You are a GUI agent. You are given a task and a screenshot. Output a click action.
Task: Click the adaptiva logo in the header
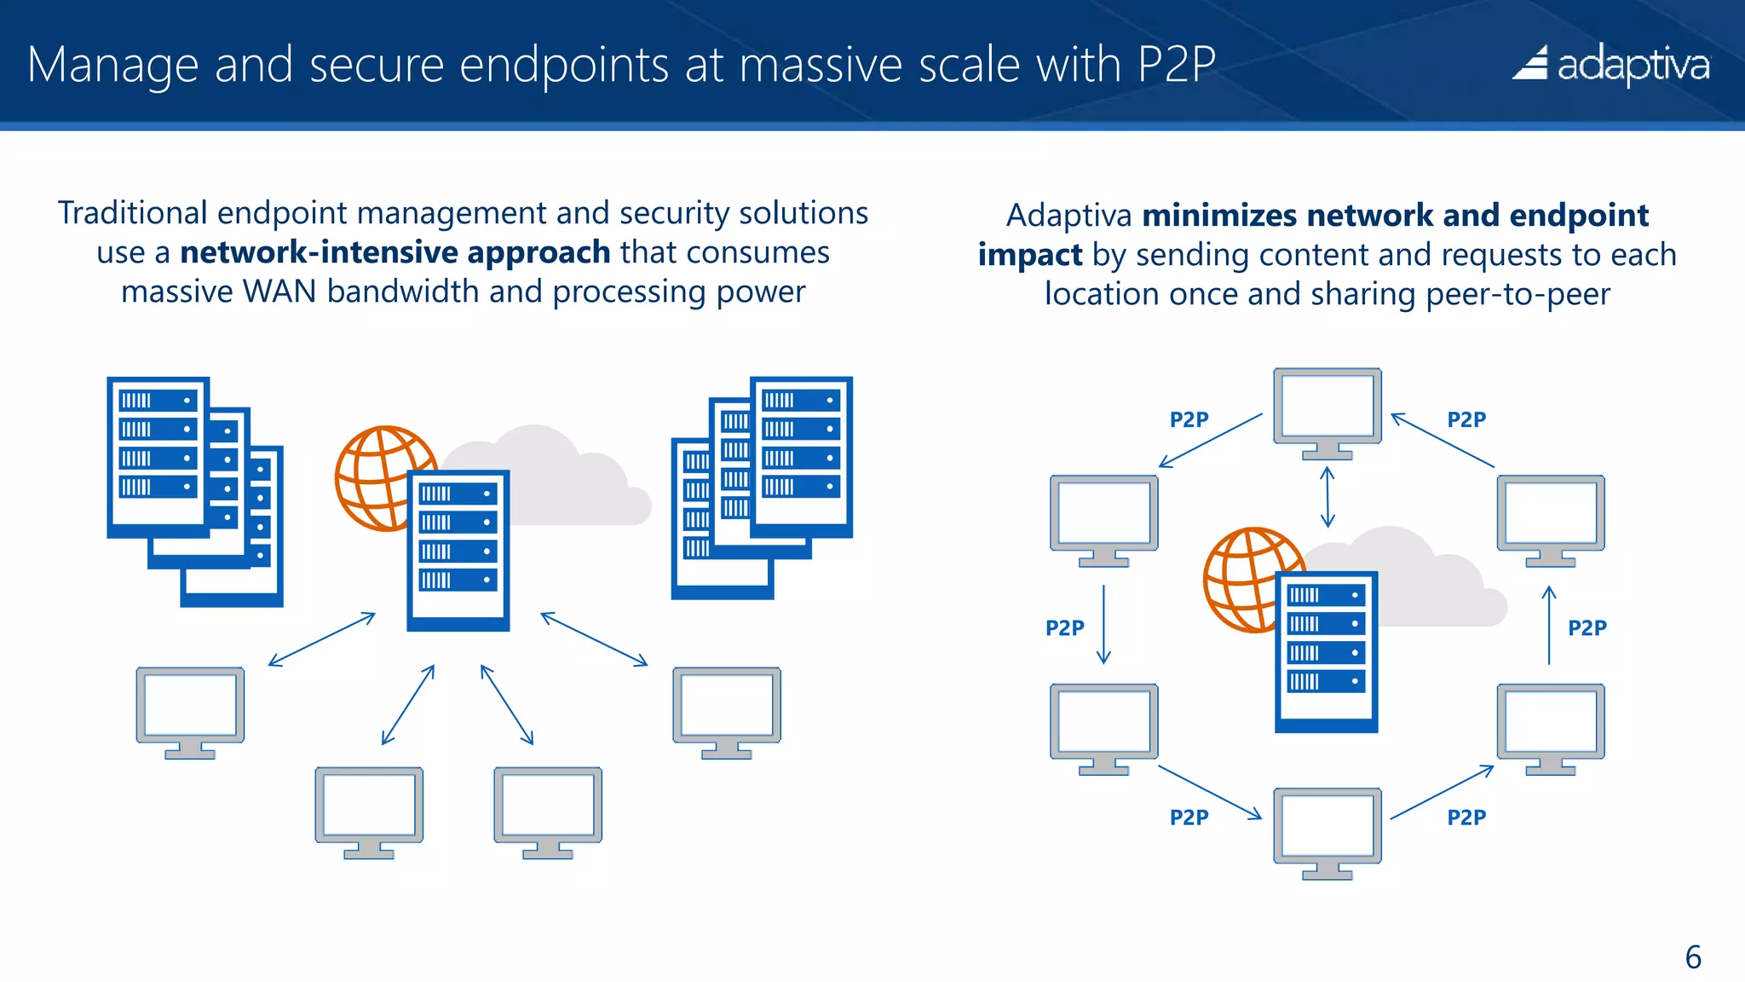tap(1610, 64)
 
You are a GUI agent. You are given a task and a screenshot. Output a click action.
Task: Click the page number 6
tap(1692, 956)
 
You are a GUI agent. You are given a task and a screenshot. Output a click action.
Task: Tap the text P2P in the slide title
tap(1177, 64)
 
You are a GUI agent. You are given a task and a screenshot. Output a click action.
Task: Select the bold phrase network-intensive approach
tap(394, 252)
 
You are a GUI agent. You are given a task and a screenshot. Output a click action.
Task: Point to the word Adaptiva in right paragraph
tap(1068, 216)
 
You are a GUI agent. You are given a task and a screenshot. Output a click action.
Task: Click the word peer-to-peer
tap(1518, 294)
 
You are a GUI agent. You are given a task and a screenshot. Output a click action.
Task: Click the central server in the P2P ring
tap(1326, 652)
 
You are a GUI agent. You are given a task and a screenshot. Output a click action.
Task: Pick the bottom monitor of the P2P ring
tap(1327, 831)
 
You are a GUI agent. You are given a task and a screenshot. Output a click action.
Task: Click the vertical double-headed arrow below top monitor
tap(1327, 497)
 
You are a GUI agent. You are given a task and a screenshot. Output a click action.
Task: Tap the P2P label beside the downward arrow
tap(1064, 628)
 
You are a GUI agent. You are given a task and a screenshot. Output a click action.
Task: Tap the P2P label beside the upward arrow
tap(1587, 628)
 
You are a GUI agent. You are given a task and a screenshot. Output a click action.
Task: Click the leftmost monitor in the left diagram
tap(190, 710)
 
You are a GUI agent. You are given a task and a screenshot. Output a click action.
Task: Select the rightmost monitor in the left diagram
tap(726, 710)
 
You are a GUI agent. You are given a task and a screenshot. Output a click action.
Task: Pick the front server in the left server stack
tap(158, 456)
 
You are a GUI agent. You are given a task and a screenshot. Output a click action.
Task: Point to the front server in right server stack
tap(801, 456)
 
